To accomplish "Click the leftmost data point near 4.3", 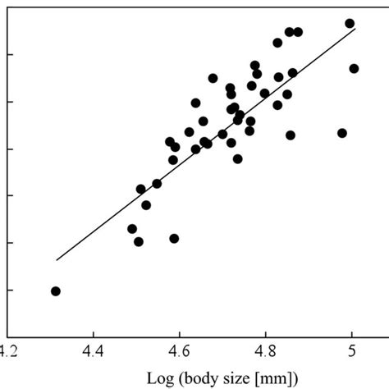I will click(x=56, y=291).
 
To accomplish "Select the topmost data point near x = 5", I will click(x=350, y=24).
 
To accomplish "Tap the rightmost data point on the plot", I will click(x=354, y=69).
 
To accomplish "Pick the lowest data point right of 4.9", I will click(x=342, y=133).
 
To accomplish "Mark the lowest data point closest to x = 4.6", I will click(x=174, y=239).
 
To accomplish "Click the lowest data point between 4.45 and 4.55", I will click(x=139, y=242).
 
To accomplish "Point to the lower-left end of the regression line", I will click(x=56, y=260).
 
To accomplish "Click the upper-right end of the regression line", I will click(x=355, y=29).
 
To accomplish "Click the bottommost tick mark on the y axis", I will click(x=9, y=290).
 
